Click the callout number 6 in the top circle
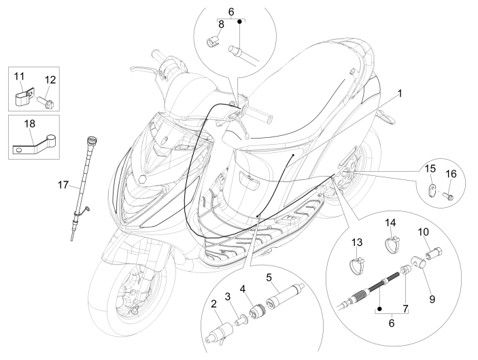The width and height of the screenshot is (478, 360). (231, 12)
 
